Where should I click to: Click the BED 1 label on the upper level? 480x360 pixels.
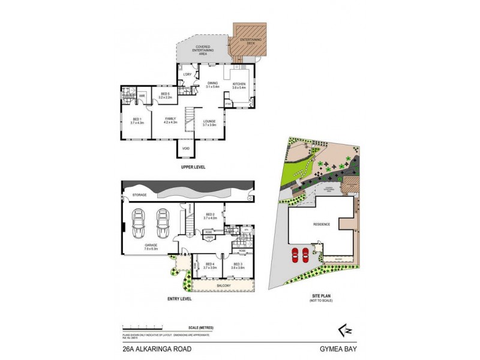(137, 119)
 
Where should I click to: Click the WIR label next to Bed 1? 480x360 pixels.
(142, 95)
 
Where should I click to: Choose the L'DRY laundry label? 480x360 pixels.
(187, 74)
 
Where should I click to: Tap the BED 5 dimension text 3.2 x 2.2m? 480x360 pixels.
(166, 97)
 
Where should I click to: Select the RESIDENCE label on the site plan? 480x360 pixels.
(322, 224)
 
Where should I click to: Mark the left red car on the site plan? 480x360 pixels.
(295, 255)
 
